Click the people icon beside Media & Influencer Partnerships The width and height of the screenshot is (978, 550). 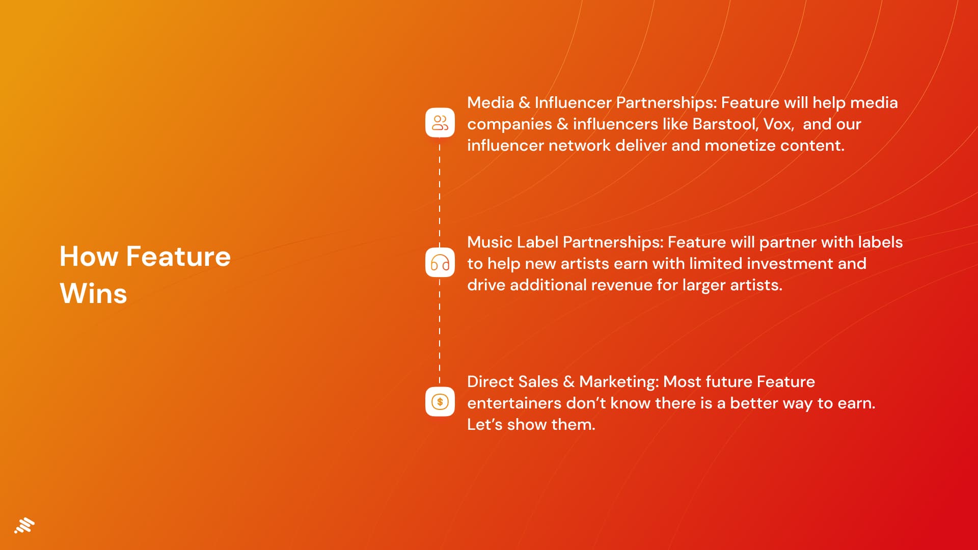point(440,123)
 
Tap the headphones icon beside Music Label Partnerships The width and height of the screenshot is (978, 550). point(440,262)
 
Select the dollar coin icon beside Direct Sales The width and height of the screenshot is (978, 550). point(440,402)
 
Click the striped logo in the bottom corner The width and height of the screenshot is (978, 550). point(24,526)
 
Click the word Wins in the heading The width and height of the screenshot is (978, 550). point(93,294)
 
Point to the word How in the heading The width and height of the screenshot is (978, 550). point(89,256)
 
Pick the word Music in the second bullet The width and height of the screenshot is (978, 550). point(490,242)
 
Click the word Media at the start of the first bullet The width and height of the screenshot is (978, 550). point(491,103)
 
